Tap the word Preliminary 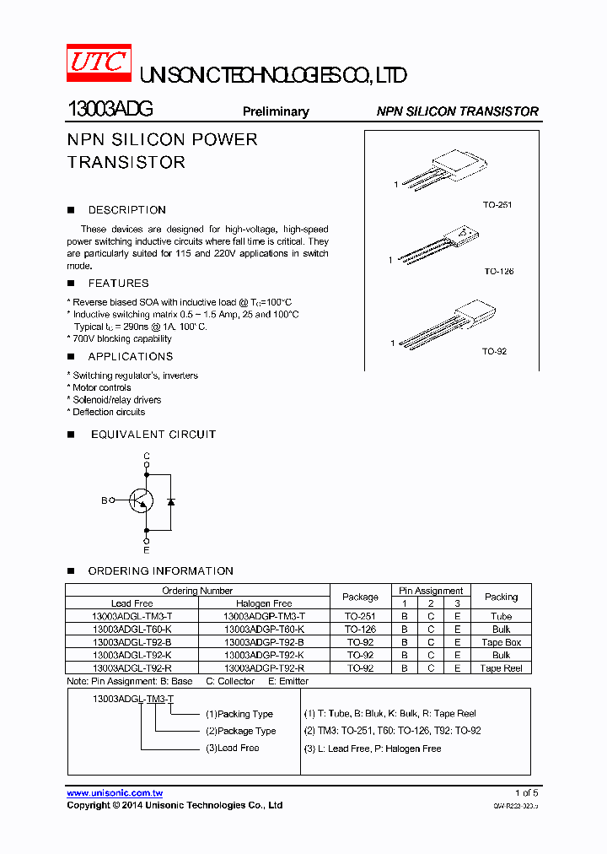point(276,111)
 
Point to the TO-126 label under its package point(498,272)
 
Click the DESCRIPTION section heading point(126,210)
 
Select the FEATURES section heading point(118,284)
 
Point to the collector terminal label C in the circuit point(147,456)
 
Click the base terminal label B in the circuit point(105,500)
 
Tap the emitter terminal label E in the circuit point(147,549)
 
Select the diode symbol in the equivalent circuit point(171,501)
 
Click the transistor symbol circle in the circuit point(141,500)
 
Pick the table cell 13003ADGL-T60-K point(132,630)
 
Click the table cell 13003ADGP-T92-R point(264,668)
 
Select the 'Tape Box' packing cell point(501,642)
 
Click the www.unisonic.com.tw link point(115,793)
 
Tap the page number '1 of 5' point(526,793)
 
